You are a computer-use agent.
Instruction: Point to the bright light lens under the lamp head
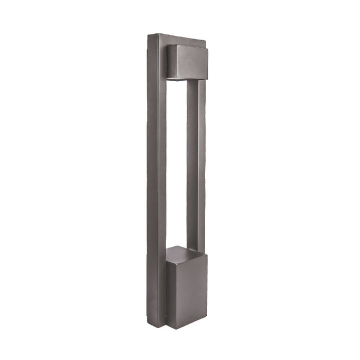(175, 79)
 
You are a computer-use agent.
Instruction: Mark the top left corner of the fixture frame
(148, 35)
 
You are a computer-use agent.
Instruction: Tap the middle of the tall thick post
(156, 180)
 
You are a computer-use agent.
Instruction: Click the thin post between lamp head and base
(195, 165)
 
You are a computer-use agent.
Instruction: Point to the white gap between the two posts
(176, 165)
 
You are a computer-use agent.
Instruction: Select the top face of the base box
(185, 253)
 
